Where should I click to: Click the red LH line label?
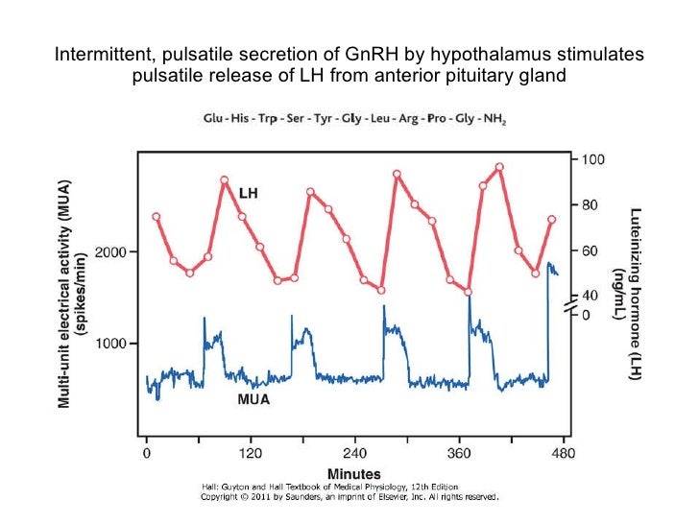247,193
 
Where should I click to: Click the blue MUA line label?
253,399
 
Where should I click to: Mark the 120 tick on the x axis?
251,451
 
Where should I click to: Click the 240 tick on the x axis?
355,451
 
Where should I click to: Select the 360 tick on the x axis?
460,451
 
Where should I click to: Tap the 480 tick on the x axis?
565,451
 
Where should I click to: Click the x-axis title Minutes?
354,473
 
